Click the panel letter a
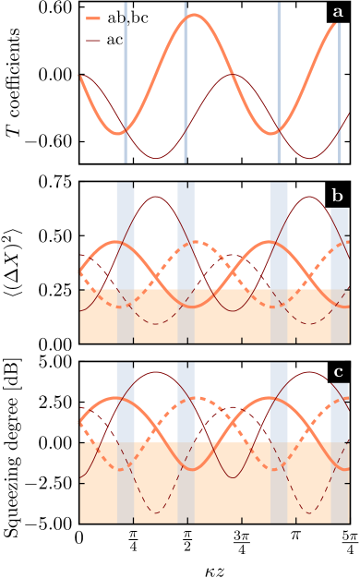pyautogui.click(x=338, y=12)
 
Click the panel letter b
pyautogui.click(x=338, y=196)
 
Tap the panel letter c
pyautogui.click(x=338, y=372)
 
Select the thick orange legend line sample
pyautogui.click(x=94, y=18)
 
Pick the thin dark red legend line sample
pyautogui.click(x=94, y=41)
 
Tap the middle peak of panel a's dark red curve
pyautogui.click(x=234, y=75)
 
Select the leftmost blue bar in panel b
pyautogui.click(x=126, y=235)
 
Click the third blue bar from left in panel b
pyautogui.click(x=279, y=235)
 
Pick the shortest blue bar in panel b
pyautogui.click(x=340, y=249)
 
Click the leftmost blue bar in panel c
pyautogui.click(x=126, y=403)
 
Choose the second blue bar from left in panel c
pyautogui.click(x=186, y=403)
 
